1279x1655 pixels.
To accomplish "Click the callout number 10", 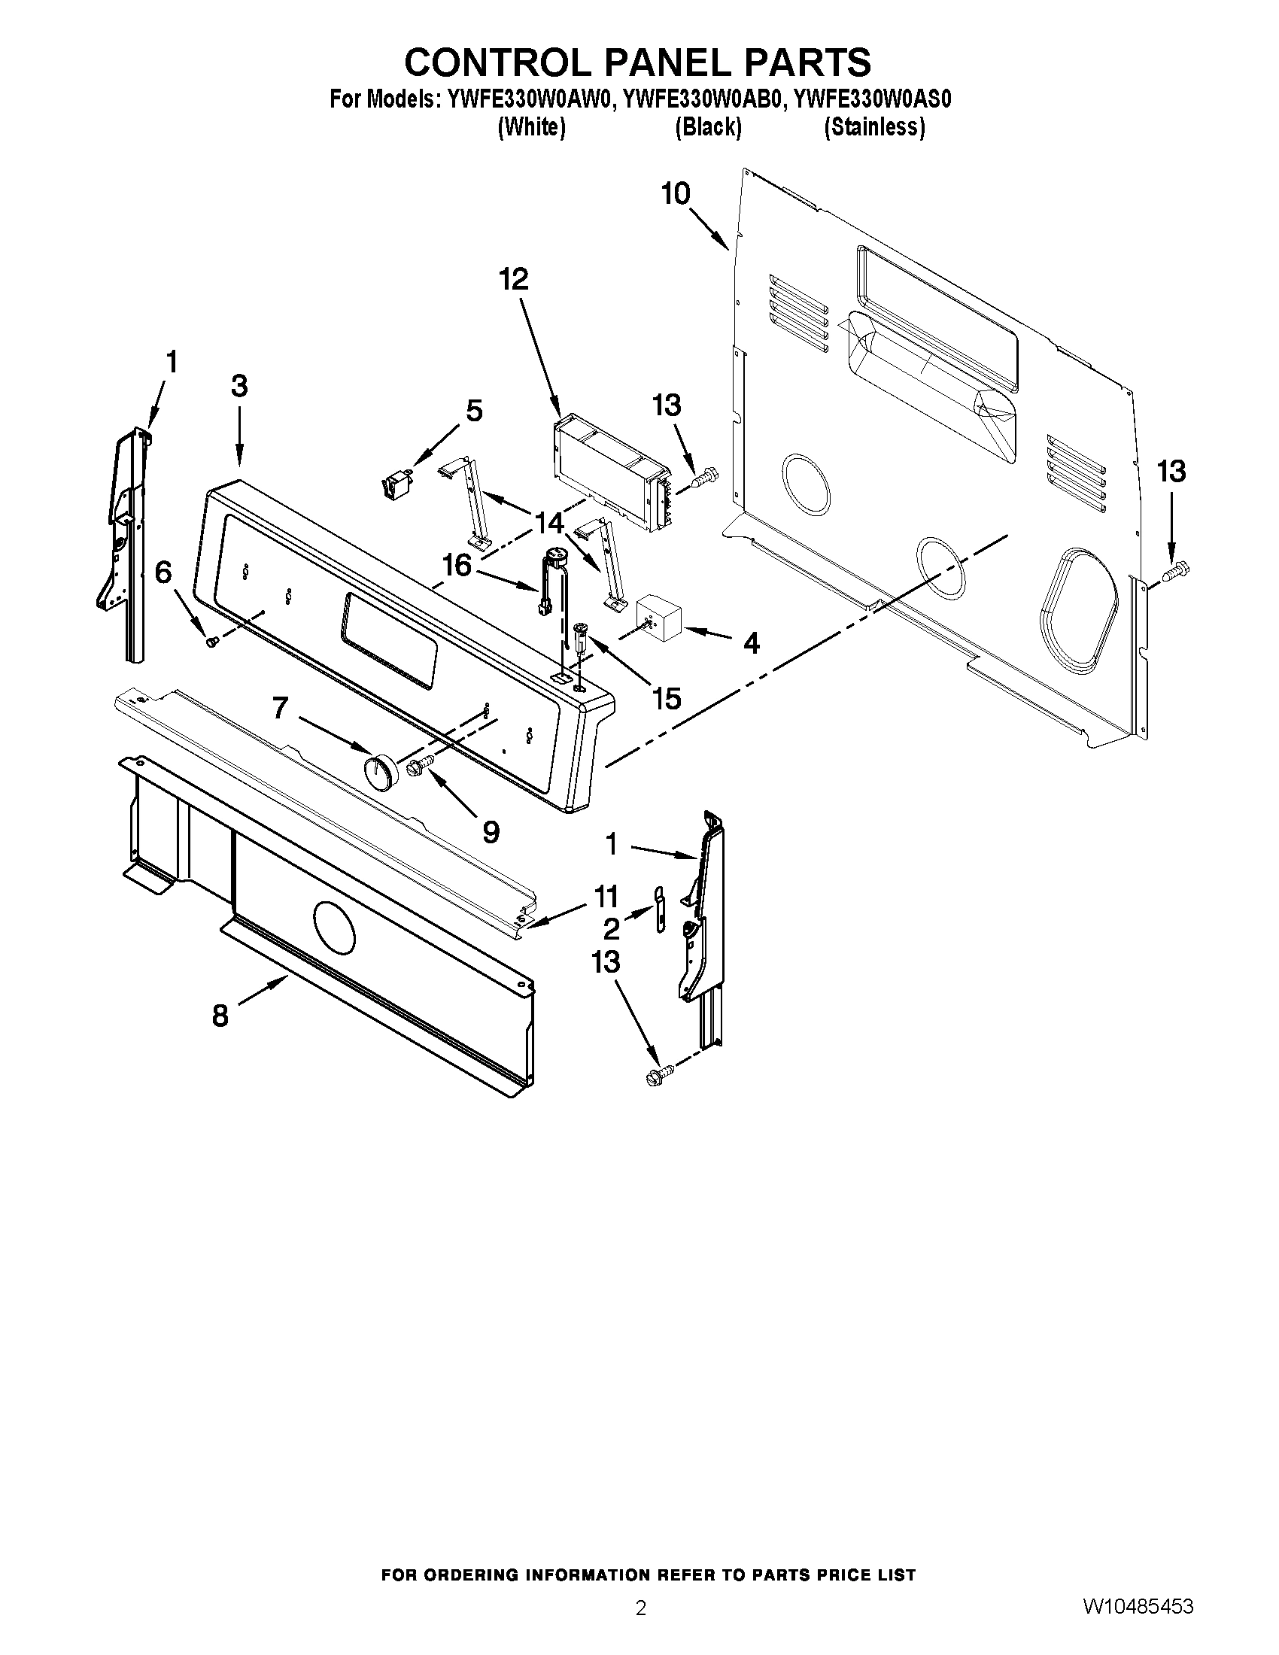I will [675, 194].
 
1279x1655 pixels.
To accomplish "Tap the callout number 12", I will [513, 280].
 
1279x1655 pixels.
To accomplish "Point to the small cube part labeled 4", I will [658, 612].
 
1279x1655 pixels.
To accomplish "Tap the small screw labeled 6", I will [211, 641].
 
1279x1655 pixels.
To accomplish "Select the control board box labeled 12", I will [611, 473].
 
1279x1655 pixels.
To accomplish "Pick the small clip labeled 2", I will [658, 908].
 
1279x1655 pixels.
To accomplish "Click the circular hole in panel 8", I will [333, 928].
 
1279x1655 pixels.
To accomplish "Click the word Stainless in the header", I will [873, 127].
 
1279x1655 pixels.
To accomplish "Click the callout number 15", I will [667, 698].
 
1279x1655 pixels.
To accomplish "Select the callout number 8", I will [220, 1015].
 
